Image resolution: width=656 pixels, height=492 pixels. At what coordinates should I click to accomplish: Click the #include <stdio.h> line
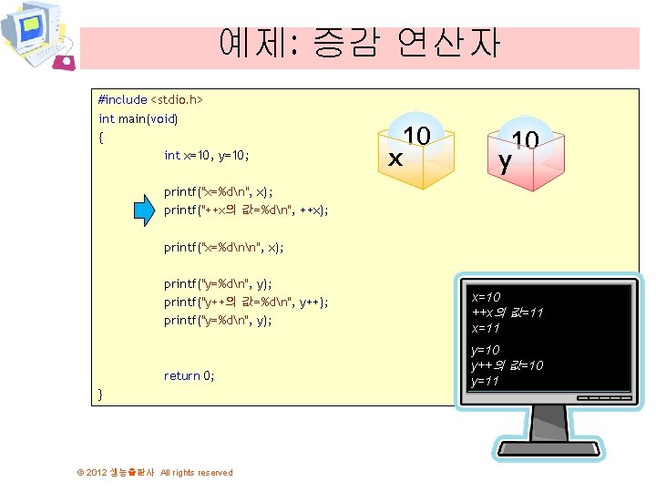150,97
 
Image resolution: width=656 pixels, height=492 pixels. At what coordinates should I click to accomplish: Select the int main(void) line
138,118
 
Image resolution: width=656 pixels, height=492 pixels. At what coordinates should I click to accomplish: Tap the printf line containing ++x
246,210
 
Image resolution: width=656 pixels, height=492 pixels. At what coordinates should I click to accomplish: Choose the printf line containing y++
246,302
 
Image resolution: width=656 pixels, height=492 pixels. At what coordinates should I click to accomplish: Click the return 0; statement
190,375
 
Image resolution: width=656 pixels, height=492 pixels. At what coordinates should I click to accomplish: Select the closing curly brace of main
101,393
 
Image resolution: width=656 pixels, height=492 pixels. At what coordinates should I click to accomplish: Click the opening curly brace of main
101,138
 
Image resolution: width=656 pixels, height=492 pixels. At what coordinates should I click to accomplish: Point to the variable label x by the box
395,159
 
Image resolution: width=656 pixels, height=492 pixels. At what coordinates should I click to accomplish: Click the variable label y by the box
504,161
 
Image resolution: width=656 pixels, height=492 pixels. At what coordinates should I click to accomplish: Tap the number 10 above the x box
416,136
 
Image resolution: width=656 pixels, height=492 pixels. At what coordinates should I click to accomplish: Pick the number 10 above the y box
526,140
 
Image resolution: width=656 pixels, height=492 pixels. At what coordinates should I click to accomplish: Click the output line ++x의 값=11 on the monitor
507,313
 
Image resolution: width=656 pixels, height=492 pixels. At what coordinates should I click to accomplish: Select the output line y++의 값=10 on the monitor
507,365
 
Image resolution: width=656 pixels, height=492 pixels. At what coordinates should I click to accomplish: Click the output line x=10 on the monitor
486,297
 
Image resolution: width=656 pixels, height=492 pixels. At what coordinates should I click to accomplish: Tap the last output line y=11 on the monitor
485,381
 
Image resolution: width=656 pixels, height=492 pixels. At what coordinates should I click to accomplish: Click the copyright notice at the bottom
155,472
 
